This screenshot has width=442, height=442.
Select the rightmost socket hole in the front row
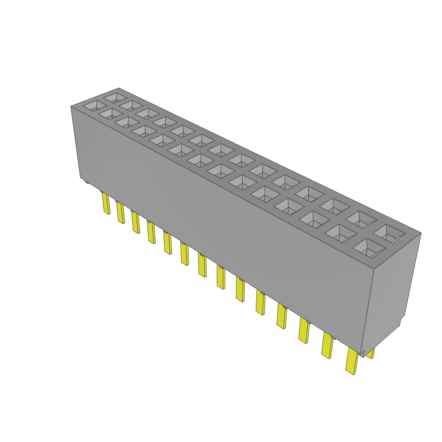(x=369, y=249)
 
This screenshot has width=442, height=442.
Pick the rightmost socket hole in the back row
(x=389, y=234)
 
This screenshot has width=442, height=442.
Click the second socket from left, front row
(x=111, y=114)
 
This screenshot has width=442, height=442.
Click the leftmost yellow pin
(x=106, y=204)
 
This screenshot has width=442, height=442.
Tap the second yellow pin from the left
(x=120, y=212)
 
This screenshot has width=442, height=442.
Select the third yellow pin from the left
(x=136, y=223)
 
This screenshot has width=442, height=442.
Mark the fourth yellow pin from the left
(x=151, y=233)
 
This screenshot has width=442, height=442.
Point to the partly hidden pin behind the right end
(x=371, y=354)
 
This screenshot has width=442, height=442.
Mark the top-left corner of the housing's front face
(x=71, y=107)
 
